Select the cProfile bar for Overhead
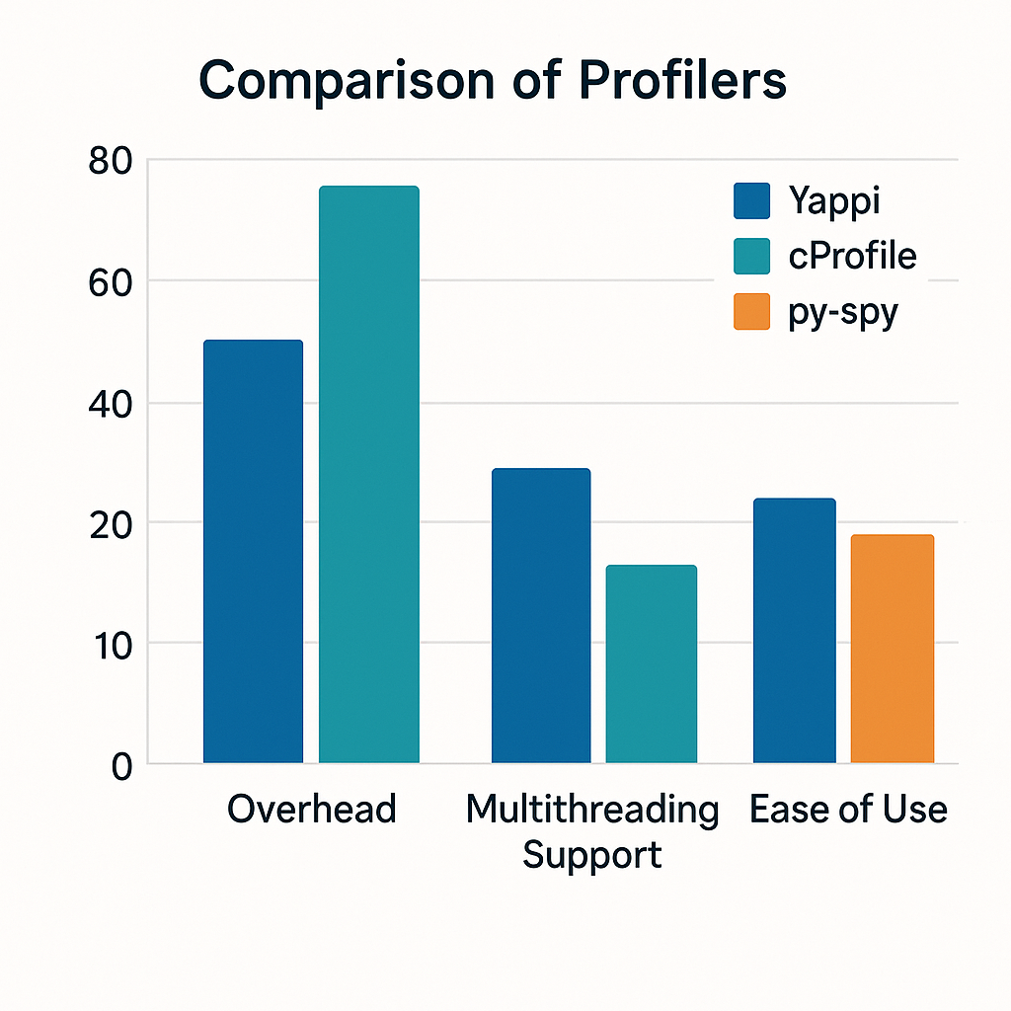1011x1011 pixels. [x=368, y=474]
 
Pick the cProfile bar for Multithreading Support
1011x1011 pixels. [x=651, y=663]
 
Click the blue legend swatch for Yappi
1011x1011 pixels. [x=751, y=200]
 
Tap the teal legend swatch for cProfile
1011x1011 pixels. [x=751, y=257]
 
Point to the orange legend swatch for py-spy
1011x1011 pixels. [x=751, y=313]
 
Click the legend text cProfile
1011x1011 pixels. [x=852, y=257]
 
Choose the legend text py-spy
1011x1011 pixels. [x=842, y=314]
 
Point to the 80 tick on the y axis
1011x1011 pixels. [x=110, y=161]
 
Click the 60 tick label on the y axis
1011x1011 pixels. [x=110, y=283]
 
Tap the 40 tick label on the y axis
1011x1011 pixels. [x=110, y=405]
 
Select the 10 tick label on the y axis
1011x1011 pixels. [x=110, y=646]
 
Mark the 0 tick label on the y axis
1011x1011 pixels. [x=120, y=766]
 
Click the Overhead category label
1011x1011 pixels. [x=311, y=810]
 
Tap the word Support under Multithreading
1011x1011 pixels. [x=591, y=854]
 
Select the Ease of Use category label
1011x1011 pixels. [x=848, y=810]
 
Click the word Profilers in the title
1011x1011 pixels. [x=681, y=81]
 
